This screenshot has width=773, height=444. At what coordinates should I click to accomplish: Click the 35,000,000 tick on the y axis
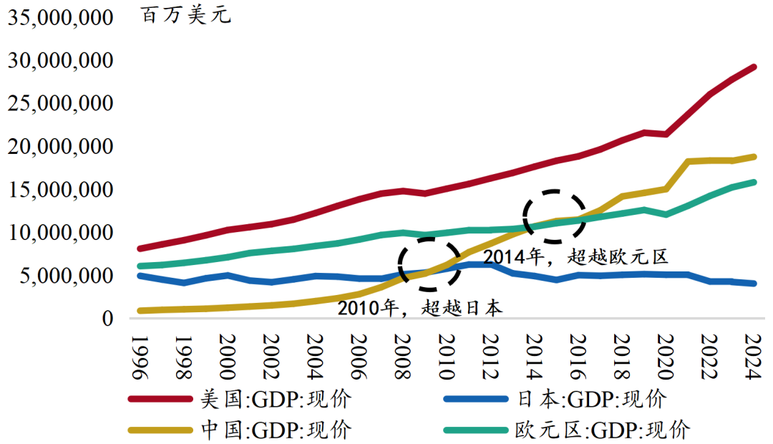(61, 18)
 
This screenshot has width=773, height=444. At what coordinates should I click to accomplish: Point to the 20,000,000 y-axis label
(61, 147)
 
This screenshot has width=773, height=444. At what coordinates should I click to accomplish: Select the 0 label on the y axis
(107, 319)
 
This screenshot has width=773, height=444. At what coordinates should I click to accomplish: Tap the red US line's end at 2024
(753, 67)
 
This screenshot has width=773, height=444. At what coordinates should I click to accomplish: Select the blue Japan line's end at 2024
(753, 284)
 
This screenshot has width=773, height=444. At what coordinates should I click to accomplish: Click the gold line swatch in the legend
(160, 430)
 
